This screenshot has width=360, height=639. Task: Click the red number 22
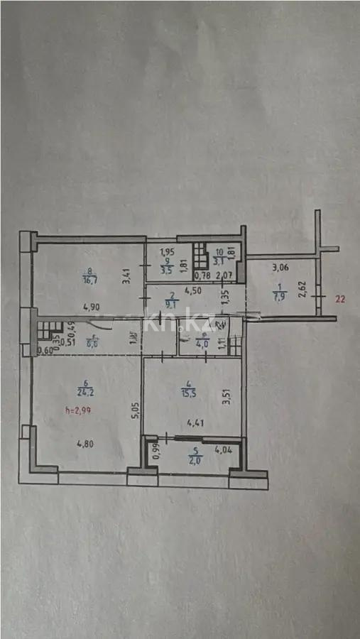[x=340, y=299]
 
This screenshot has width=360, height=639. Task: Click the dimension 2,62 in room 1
[x=301, y=289]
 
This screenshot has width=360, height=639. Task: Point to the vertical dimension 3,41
[x=126, y=275]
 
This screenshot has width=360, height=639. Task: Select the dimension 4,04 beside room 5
[x=224, y=449]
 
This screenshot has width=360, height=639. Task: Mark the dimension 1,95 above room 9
[x=166, y=251]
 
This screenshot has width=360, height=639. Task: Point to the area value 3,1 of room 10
[x=220, y=261]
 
